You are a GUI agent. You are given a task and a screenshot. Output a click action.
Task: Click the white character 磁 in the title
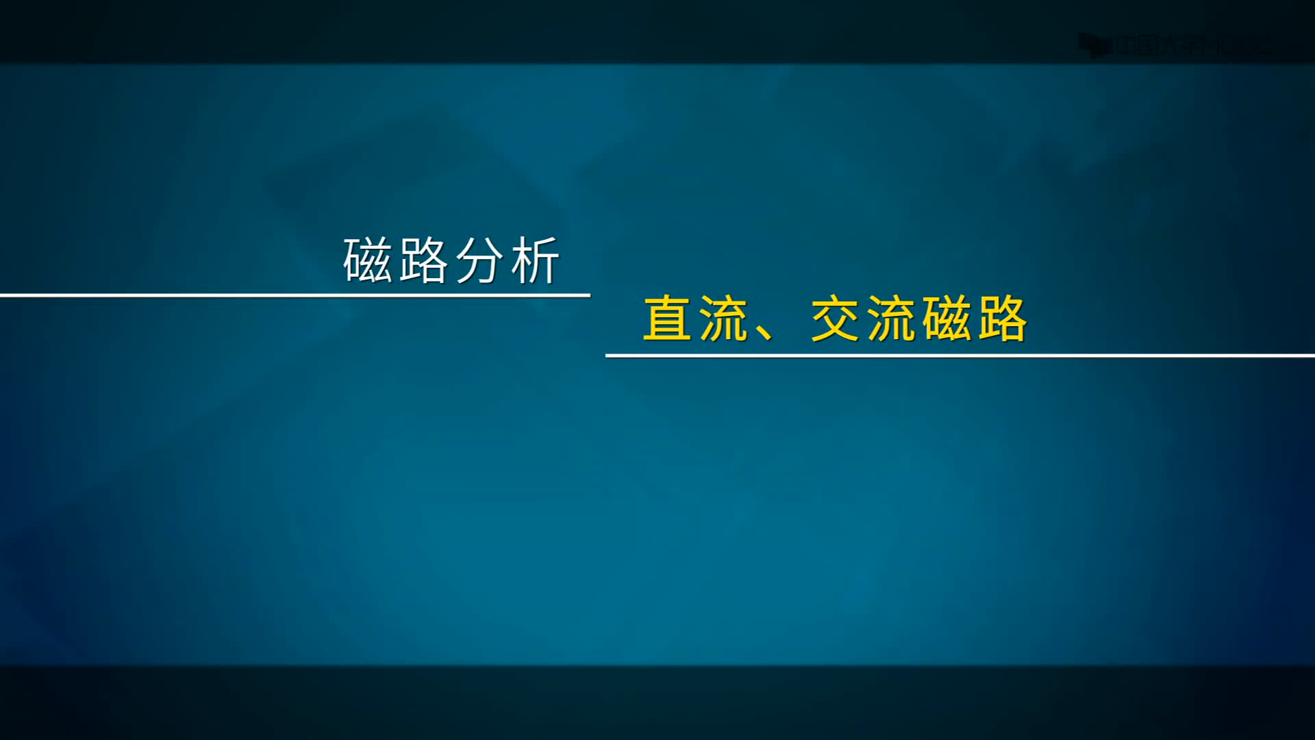[x=368, y=260]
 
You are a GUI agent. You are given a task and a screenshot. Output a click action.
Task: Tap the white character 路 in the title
[x=423, y=260]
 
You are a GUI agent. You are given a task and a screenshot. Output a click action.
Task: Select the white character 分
[x=478, y=260]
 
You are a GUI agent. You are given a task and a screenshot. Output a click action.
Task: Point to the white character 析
[x=534, y=260]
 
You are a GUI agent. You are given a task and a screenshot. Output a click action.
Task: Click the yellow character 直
[x=667, y=319]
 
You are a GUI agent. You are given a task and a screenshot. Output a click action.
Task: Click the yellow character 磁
[x=947, y=319]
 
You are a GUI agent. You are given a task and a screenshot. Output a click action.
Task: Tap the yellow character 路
[x=1003, y=319]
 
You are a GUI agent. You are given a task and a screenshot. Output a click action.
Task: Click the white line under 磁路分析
[x=295, y=295]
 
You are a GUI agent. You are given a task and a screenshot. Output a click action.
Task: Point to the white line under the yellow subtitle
[x=959, y=356]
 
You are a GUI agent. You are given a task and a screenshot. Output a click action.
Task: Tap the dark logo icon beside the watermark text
[x=1093, y=46]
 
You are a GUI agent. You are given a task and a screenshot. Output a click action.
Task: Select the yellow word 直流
[x=695, y=319]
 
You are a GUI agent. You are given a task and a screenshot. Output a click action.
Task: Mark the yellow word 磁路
[x=975, y=319]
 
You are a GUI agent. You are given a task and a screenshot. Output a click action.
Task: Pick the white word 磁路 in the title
[x=396, y=260]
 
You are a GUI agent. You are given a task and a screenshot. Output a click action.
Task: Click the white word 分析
[x=506, y=260]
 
